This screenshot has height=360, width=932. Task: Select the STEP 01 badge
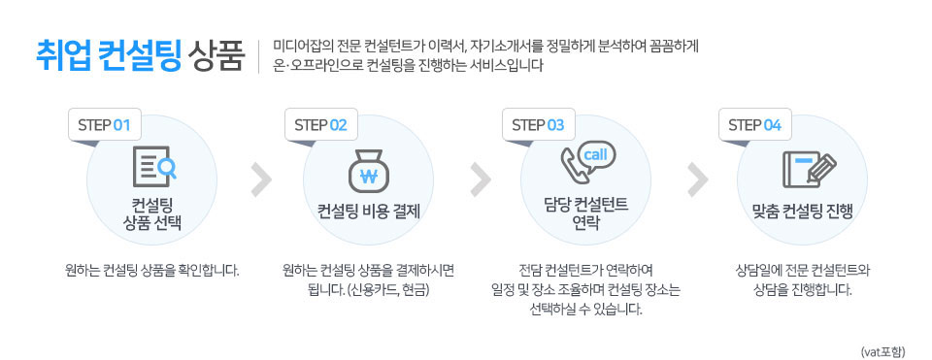pyautogui.click(x=102, y=125)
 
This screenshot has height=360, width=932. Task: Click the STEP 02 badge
pyautogui.click(x=319, y=125)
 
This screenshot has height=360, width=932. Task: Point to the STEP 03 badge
pyautogui.click(x=537, y=125)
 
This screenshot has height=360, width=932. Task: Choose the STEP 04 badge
pyautogui.click(x=753, y=125)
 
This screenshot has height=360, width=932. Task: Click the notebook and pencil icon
pyautogui.click(x=807, y=169)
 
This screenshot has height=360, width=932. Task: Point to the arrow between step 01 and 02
pyautogui.click(x=260, y=179)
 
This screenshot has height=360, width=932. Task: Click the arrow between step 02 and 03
pyautogui.click(x=479, y=179)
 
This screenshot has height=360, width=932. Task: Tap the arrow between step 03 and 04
pyautogui.click(x=696, y=179)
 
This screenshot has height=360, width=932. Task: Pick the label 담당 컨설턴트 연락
pyautogui.click(x=585, y=213)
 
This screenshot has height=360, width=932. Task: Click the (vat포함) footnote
pyautogui.click(x=882, y=350)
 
